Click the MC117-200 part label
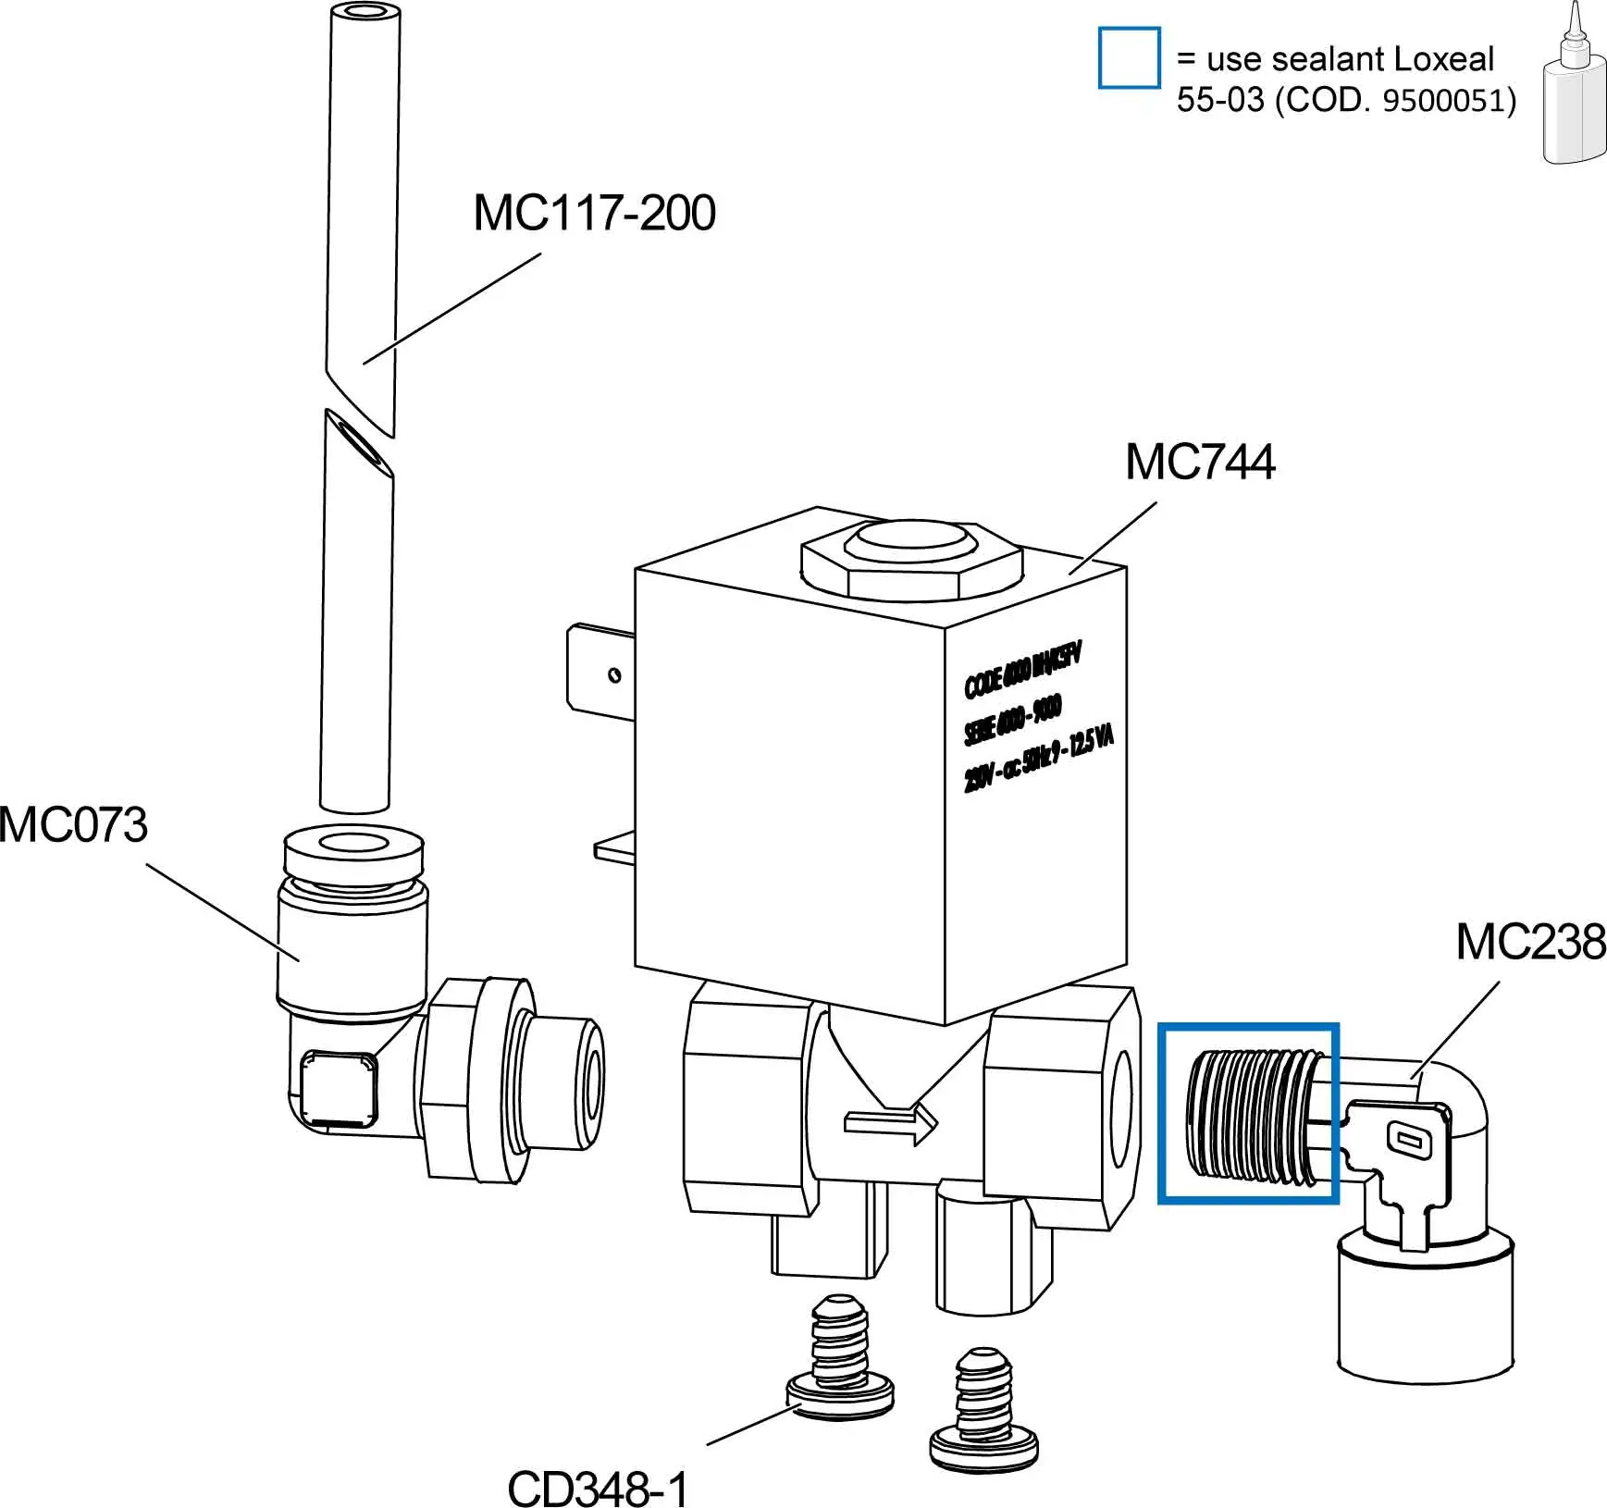pos(594,213)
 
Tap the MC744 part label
pos(1199,461)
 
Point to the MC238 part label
pos(1530,942)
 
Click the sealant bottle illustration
pos(1574,93)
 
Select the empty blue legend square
pos(1129,58)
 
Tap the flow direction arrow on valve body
pos(891,1123)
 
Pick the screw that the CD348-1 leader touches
pos(839,1359)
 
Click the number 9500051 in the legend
pos(1449,100)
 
